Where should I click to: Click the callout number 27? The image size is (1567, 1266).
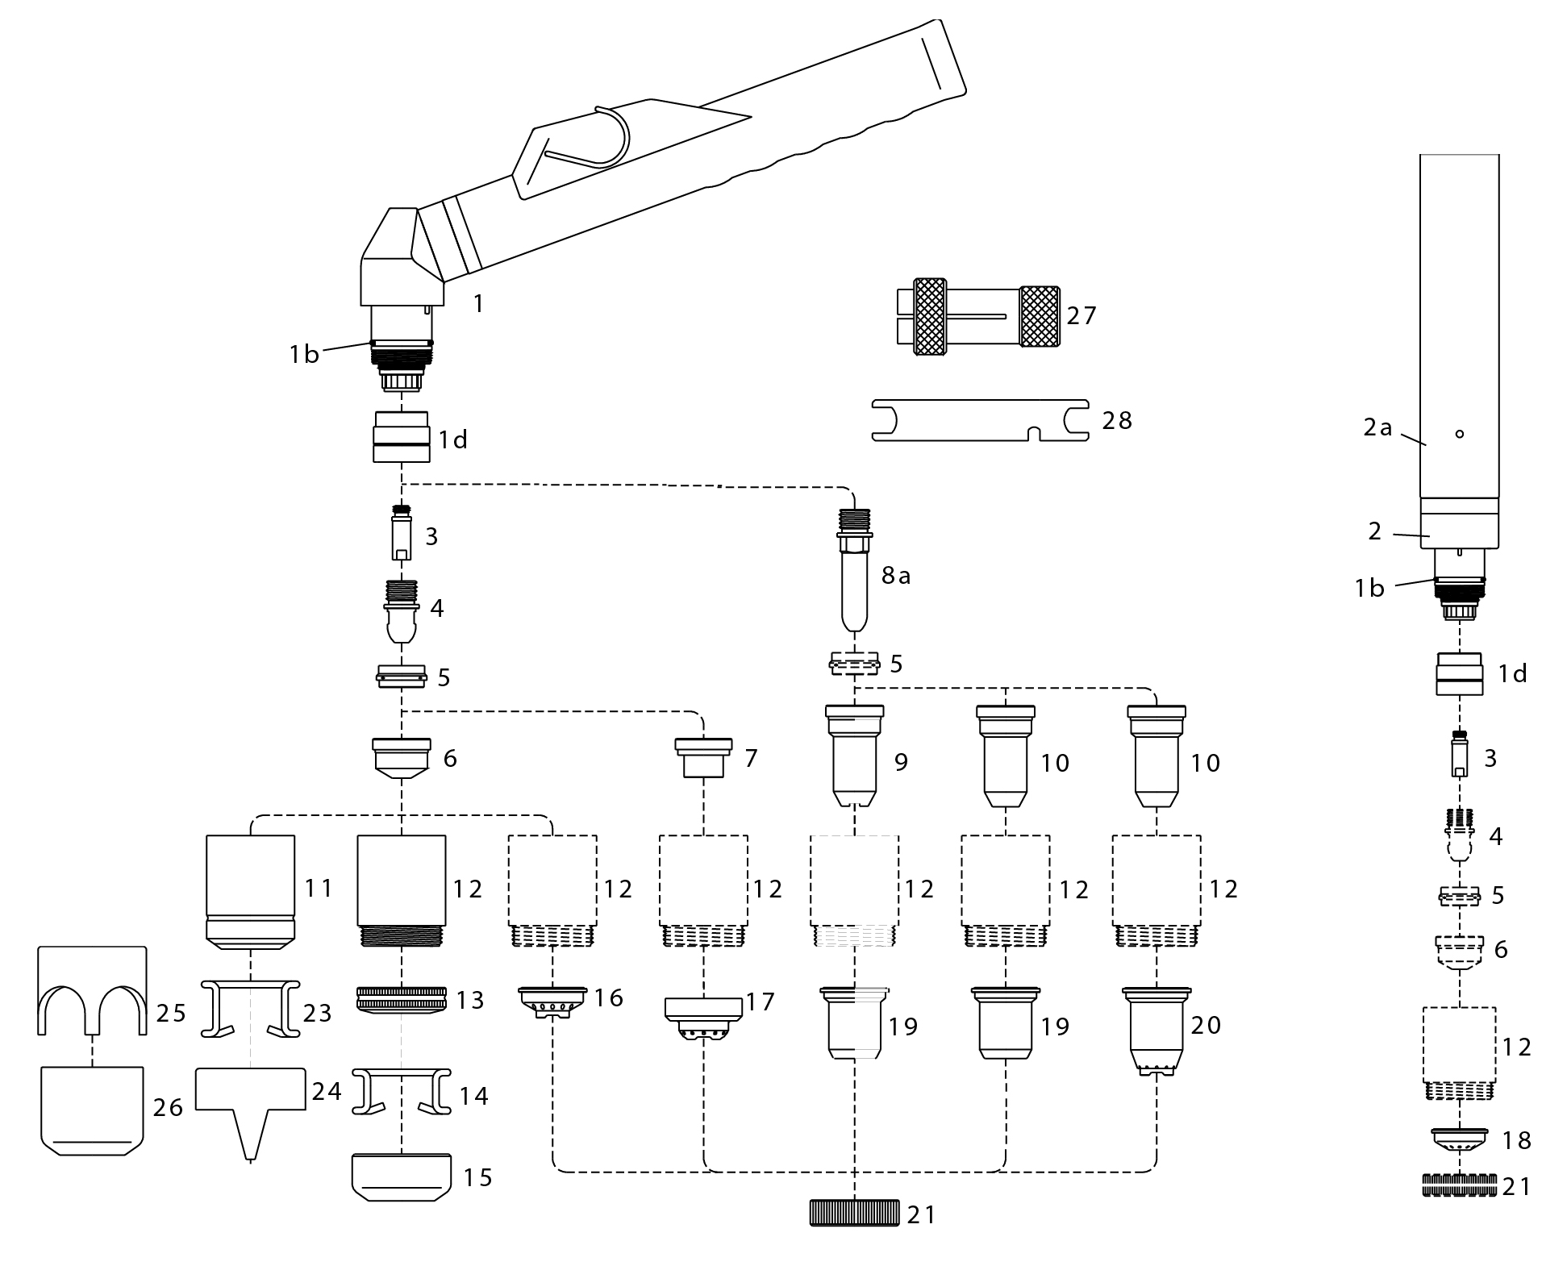1081,314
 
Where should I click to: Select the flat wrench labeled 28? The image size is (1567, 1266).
980,420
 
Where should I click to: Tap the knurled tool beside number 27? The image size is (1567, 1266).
978,315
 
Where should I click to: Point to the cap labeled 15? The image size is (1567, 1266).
402,1177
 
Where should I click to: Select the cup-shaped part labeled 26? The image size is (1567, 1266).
92,1111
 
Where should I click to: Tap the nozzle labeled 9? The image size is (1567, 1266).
855,756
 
